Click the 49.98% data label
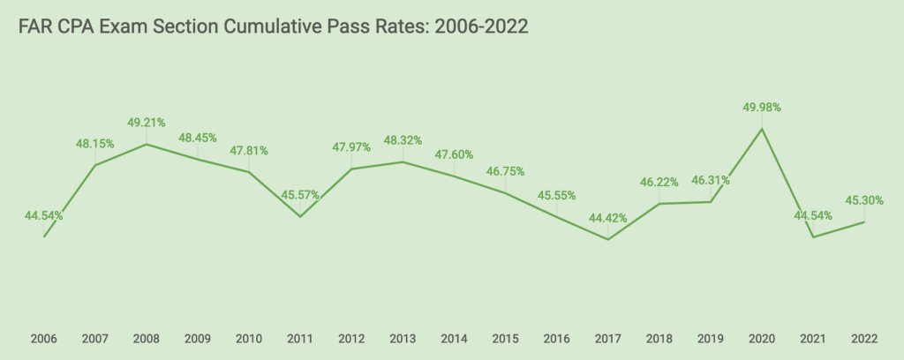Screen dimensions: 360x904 [762, 108]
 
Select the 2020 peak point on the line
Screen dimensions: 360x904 [762, 129]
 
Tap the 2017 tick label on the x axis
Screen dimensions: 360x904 [607, 339]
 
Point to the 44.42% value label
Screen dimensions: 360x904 [608, 217]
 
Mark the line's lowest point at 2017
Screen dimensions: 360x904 [608, 239]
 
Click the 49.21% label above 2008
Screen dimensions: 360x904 [147, 123]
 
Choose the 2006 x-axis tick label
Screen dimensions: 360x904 [44, 339]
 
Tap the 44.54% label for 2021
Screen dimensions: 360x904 [813, 214]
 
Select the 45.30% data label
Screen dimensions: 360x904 [864, 200]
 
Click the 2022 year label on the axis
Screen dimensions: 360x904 [864, 339]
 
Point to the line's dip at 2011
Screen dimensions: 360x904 [301, 216]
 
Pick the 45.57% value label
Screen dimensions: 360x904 [301, 195]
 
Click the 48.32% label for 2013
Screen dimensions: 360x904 [403, 140]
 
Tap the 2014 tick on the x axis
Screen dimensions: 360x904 [454, 339]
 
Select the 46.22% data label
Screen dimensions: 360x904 [659, 183]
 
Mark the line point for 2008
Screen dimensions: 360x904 [147, 144]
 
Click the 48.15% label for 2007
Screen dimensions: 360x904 [95, 143]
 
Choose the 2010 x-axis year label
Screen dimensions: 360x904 [249, 339]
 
